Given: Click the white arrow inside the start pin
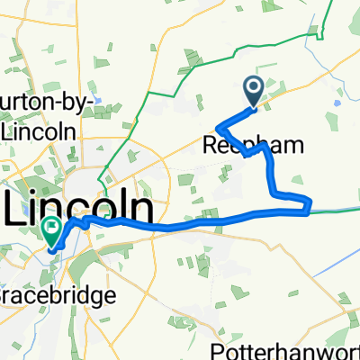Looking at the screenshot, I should (253, 87).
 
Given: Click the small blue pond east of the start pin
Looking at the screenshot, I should (337, 103).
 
